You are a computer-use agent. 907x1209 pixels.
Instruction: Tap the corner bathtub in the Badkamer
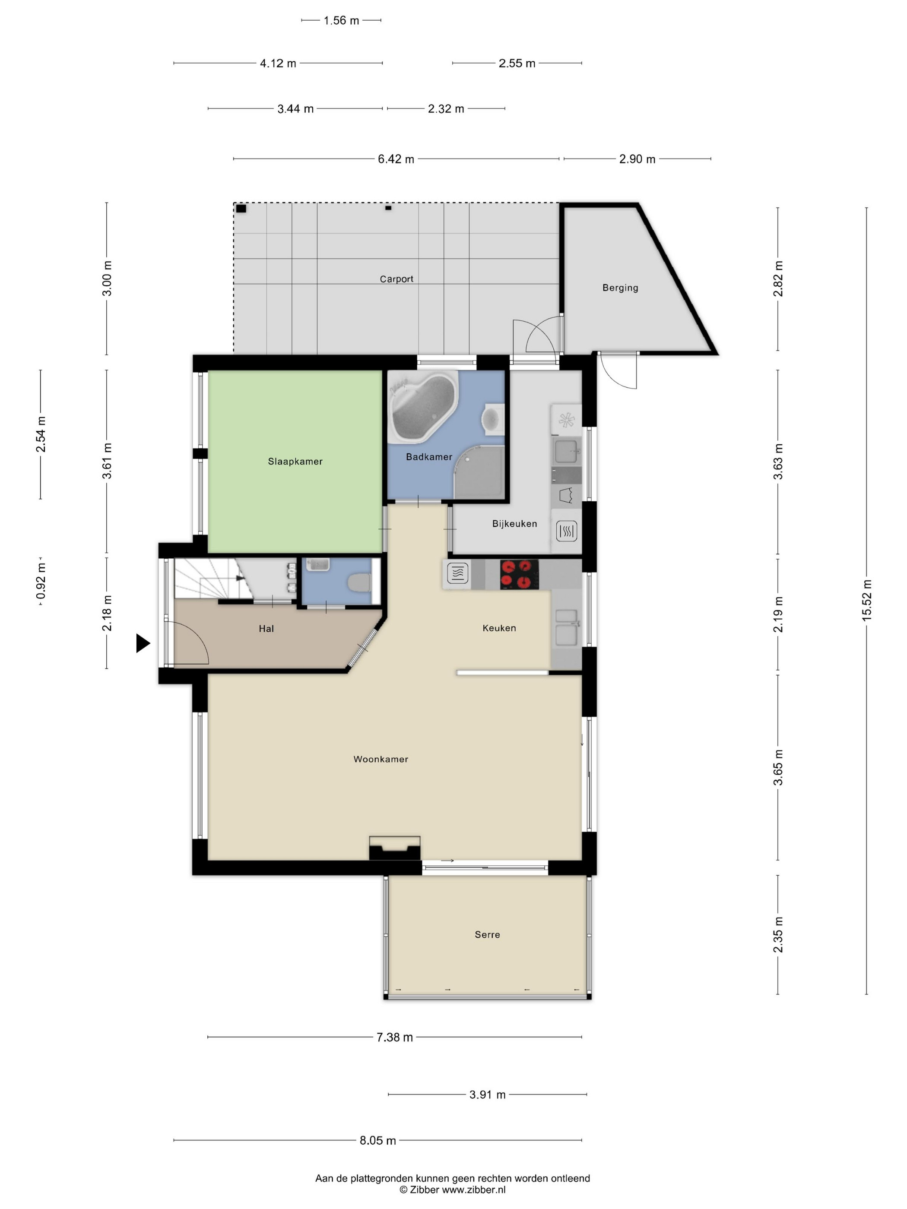[x=422, y=407]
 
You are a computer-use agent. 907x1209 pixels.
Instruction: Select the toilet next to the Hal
[x=359, y=582]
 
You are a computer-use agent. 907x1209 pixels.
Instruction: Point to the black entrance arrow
[x=143, y=643]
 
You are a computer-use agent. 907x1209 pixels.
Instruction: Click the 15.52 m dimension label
[x=866, y=600]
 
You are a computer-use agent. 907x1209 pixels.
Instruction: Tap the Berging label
[x=620, y=288]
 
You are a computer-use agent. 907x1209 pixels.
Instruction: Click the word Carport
[x=396, y=279]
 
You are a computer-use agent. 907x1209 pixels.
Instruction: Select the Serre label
[x=487, y=935]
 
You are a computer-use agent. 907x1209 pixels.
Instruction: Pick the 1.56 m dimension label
[x=341, y=21]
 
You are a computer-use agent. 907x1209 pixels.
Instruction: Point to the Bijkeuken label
[x=514, y=524]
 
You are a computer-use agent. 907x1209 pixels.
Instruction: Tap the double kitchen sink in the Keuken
[x=566, y=627]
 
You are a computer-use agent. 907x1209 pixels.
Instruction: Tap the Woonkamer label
[x=381, y=759]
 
